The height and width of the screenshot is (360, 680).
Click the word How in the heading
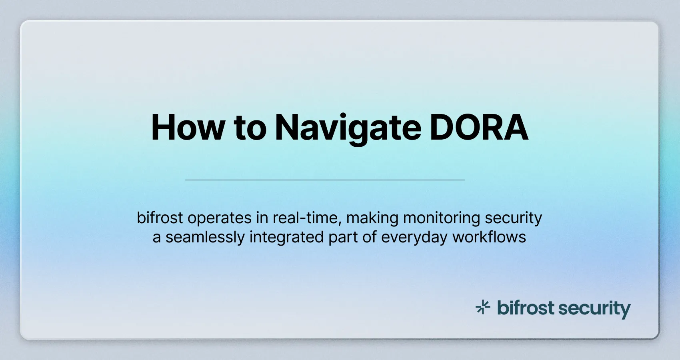pyautogui.click(x=188, y=128)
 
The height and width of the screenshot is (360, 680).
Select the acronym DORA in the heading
pyautogui.click(x=479, y=128)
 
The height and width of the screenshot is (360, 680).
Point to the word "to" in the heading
pyautogui.click(x=250, y=128)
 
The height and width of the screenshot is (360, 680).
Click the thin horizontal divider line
pyautogui.click(x=324, y=180)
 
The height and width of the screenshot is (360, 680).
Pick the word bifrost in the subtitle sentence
pyautogui.click(x=160, y=218)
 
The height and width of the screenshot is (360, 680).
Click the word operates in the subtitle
pyautogui.click(x=220, y=218)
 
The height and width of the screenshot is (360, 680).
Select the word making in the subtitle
pyautogui.click(x=372, y=218)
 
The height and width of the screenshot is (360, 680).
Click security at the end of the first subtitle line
pyautogui.click(x=513, y=218)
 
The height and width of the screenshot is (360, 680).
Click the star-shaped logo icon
pyautogui.click(x=483, y=308)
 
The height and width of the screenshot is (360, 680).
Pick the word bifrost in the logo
pyautogui.click(x=526, y=308)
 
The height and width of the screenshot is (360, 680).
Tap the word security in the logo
pyautogui.click(x=594, y=309)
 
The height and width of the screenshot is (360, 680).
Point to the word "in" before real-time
pyautogui.click(x=262, y=218)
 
